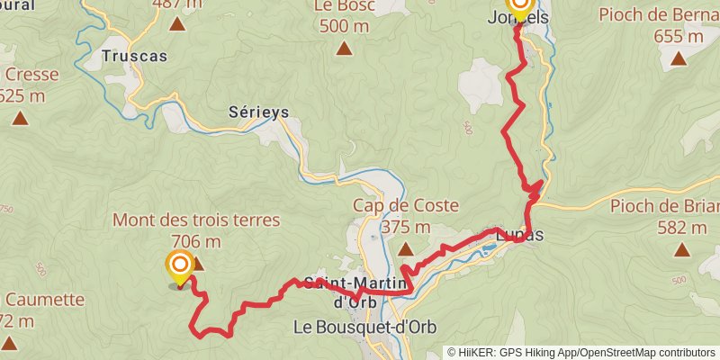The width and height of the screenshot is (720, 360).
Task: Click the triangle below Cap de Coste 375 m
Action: pyautogui.click(x=404, y=247)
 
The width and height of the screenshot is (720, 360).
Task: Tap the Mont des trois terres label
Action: pyautogui.click(x=196, y=220)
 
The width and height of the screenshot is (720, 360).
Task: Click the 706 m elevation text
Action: pyautogui.click(x=195, y=240)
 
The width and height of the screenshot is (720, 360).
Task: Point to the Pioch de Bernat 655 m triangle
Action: pyautogui.click(x=678, y=59)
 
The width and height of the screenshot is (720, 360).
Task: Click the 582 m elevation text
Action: pyautogui.click(x=679, y=227)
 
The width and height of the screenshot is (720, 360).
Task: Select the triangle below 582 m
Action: pyautogui.click(x=679, y=249)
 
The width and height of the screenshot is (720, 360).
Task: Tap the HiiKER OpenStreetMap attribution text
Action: pyautogui.click(x=581, y=352)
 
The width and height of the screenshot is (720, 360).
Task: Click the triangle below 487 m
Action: pyautogui.click(x=177, y=24)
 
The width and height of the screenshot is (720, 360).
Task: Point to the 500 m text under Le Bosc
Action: pyautogui.click(x=344, y=25)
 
